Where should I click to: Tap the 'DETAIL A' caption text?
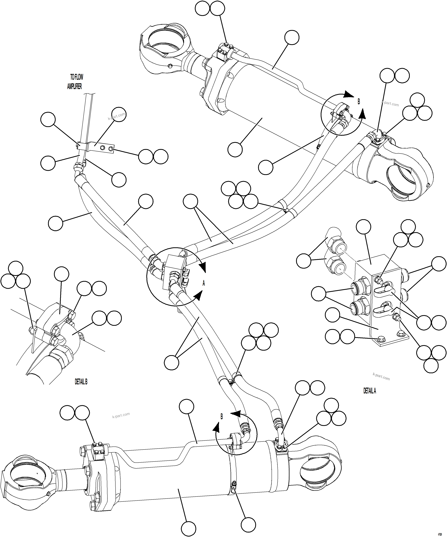coord(369,391)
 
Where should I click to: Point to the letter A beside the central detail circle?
coord(204,283)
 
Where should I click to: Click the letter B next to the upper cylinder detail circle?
coord(359,102)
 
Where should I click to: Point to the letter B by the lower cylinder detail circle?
coord(222,417)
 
